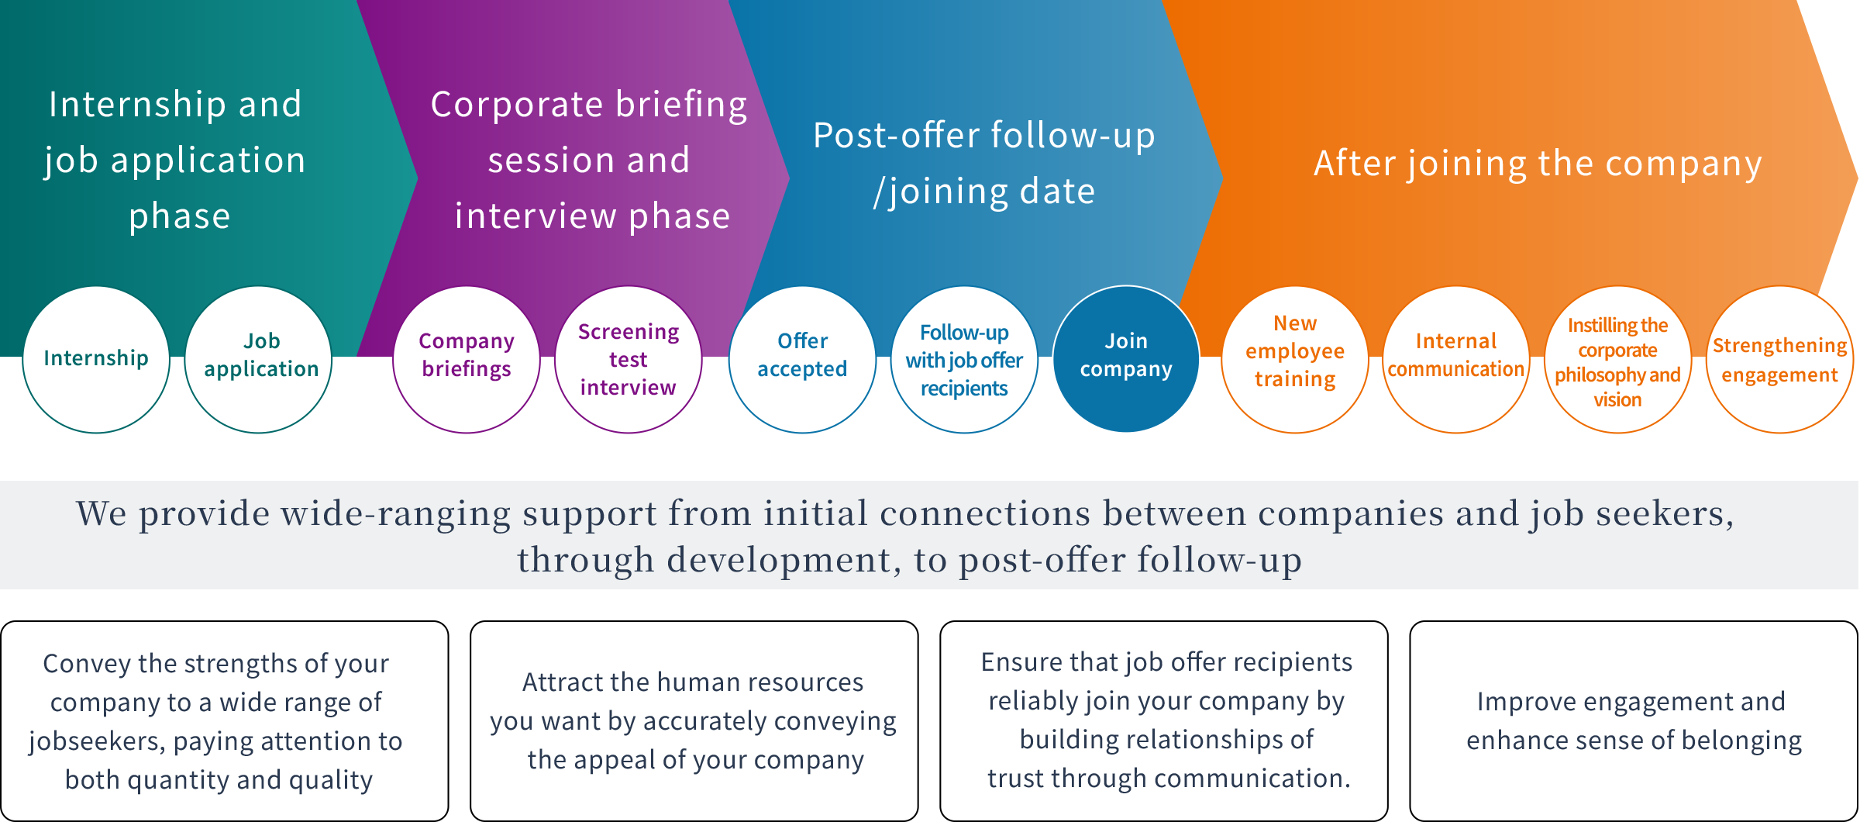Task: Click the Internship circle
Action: click(96, 360)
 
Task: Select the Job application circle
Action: click(258, 360)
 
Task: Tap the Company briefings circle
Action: click(467, 360)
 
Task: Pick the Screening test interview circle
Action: click(629, 360)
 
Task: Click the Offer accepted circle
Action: click(803, 360)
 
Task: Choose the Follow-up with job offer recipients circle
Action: click(964, 360)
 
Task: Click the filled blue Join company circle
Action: click(1126, 360)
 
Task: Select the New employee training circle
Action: click(1295, 360)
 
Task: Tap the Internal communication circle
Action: click(1456, 360)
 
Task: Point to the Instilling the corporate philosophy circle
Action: click(1618, 360)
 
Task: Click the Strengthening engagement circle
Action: click(1780, 360)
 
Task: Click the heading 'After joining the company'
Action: click(1538, 164)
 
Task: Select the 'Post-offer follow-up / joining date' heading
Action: click(984, 164)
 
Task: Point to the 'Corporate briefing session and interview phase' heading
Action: click(590, 160)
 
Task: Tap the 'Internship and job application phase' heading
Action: click(175, 160)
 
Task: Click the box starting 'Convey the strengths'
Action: click(225, 721)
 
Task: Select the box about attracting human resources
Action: click(694, 721)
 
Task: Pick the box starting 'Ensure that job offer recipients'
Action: click(1164, 721)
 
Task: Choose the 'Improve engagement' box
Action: click(1634, 721)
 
